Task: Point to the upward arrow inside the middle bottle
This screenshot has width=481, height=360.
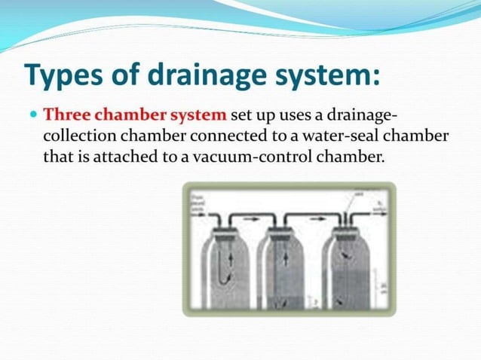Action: point(286,258)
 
